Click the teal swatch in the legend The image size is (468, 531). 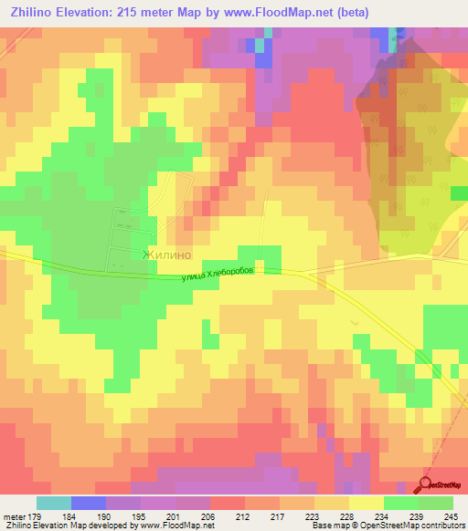pyautogui.click(x=53, y=503)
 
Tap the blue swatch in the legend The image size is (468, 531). pyautogui.click(x=88, y=503)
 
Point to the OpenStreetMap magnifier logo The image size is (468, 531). pyautogui.click(x=427, y=484)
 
